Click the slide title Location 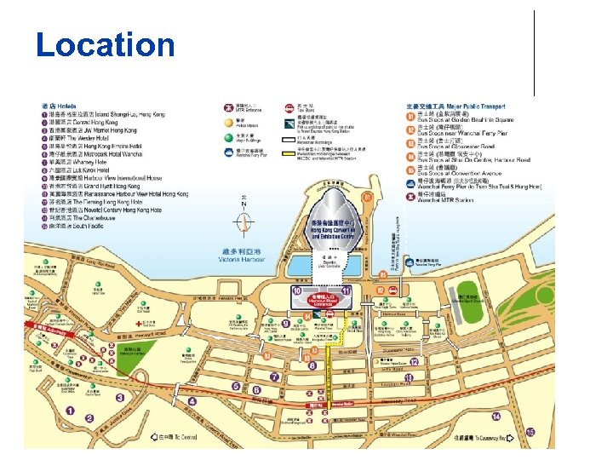pos(105,45)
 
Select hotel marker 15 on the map pos(530,432)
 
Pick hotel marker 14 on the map pos(496,416)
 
